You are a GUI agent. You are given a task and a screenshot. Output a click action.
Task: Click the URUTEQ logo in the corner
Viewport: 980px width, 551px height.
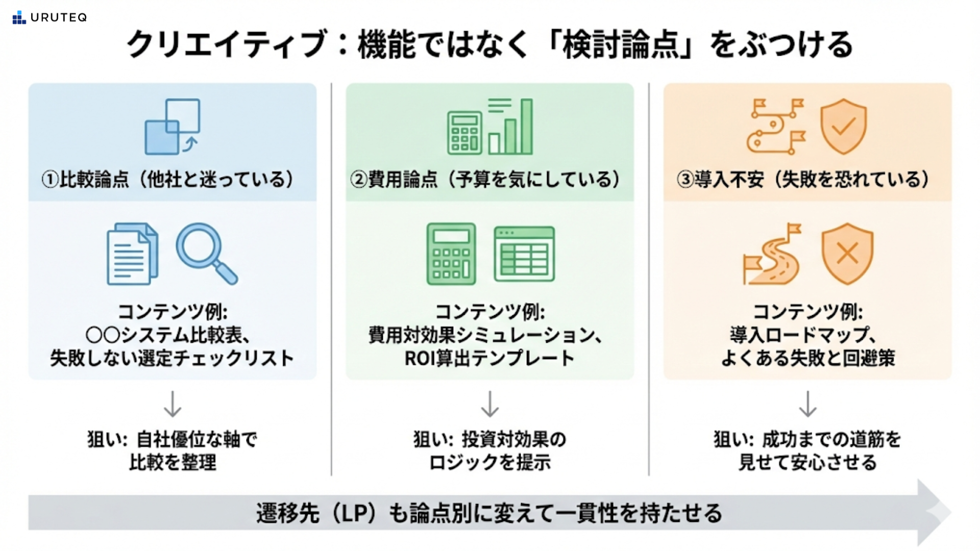pyautogui.click(x=50, y=18)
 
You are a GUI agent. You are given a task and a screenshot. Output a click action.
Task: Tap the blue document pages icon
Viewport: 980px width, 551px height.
pyautogui.click(x=132, y=254)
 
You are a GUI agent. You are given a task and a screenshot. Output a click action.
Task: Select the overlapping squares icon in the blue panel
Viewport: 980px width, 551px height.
pyautogui.click(x=173, y=127)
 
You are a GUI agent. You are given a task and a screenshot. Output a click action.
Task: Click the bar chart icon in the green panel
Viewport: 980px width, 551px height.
pyautogui.click(x=510, y=128)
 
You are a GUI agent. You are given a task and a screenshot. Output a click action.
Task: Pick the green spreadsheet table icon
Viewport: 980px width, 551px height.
pyautogui.click(x=524, y=254)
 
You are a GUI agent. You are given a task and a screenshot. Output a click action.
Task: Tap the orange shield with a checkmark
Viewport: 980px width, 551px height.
pyautogui.click(x=843, y=126)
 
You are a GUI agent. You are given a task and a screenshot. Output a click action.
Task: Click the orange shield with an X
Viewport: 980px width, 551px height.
pyautogui.click(x=847, y=253)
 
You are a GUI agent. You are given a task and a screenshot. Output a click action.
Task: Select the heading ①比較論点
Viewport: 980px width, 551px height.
pyautogui.click(x=85, y=180)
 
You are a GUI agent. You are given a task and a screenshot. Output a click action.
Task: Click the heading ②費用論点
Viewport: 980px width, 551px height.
pyautogui.click(x=394, y=180)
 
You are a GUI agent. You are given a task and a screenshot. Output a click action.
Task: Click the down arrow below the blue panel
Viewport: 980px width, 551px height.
pyautogui.click(x=173, y=404)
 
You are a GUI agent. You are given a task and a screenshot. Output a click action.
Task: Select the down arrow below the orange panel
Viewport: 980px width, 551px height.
pyautogui.click(x=807, y=404)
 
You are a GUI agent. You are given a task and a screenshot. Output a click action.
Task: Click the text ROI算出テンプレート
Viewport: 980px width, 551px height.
pyautogui.click(x=489, y=358)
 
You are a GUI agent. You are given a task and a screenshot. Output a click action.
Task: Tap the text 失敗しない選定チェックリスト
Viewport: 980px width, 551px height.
pyautogui.click(x=172, y=358)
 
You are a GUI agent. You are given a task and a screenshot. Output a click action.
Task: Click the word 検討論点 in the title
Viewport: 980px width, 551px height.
pyautogui.click(x=621, y=45)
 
